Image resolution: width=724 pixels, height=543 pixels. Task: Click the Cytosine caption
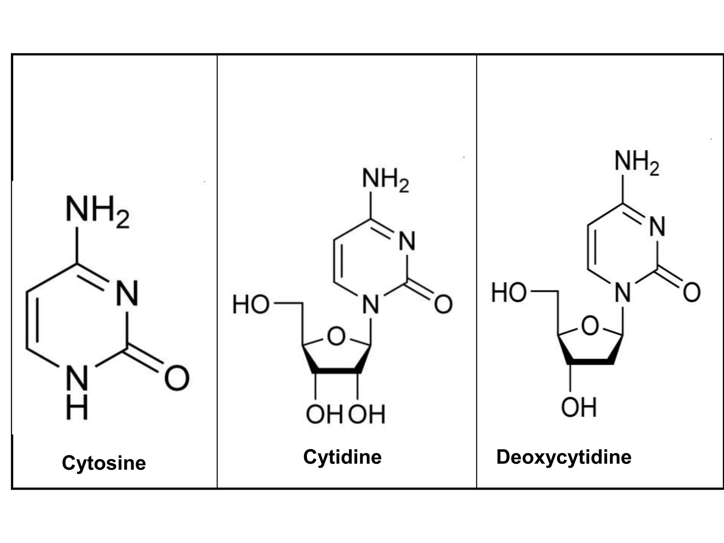pyautogui.click(x=104, y=463)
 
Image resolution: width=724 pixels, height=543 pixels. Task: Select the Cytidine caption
pyautogui.click(x=342, y=457)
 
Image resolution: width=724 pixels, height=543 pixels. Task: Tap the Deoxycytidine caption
pyautogui.click(x=564, y=457)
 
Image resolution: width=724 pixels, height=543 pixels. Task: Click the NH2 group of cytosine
pyautogui.click(x=97, y=211)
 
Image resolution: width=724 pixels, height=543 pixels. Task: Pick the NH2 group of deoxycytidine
pyautogui.click(x=636, y=162)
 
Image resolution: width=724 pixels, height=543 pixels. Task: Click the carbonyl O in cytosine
pyautogui.click(x=177, y=378)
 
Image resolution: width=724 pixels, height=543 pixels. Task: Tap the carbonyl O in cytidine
pyautogui.click(x=443, y=304)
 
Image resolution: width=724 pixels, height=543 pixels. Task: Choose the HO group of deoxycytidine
pyautogui.click(x=509, y=293)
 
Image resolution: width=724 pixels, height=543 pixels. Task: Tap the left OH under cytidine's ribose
pyautogui.click(x=323, y=414)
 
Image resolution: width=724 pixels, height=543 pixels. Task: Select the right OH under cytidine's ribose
pyautogui.click(x=367, y=414)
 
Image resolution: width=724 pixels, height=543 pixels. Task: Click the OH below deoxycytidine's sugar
pyautogui.click(x=579, y=407)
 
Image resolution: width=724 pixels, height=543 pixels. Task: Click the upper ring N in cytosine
pyautogui.click(x=127, y=293)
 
